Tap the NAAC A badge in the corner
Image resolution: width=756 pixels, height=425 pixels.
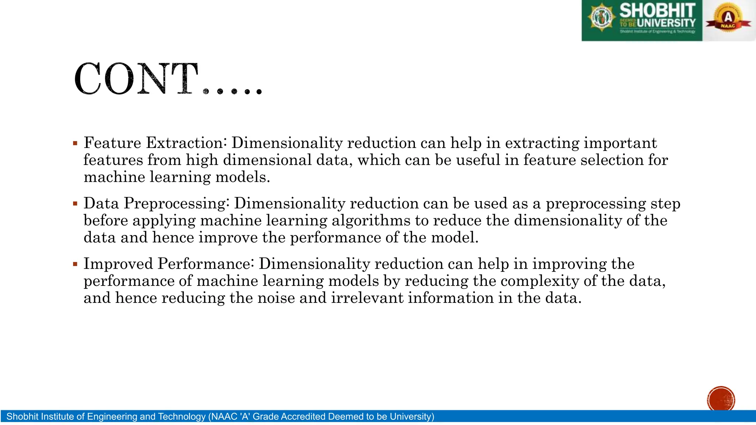(x=728, y=18)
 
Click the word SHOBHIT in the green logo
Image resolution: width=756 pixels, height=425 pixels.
(x=657, y=10)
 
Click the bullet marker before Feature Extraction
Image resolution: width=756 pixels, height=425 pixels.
(x=75, y=144)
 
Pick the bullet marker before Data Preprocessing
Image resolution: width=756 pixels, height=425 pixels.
(x=75, y=204)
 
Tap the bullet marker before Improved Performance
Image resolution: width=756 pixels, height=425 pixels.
(x=75, y=264)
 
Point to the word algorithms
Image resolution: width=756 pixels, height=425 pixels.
(x=371, y=221)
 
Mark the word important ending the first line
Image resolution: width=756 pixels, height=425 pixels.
(x=621, y=143)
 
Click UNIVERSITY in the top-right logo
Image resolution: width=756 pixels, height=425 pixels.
(x=666, y=23)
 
